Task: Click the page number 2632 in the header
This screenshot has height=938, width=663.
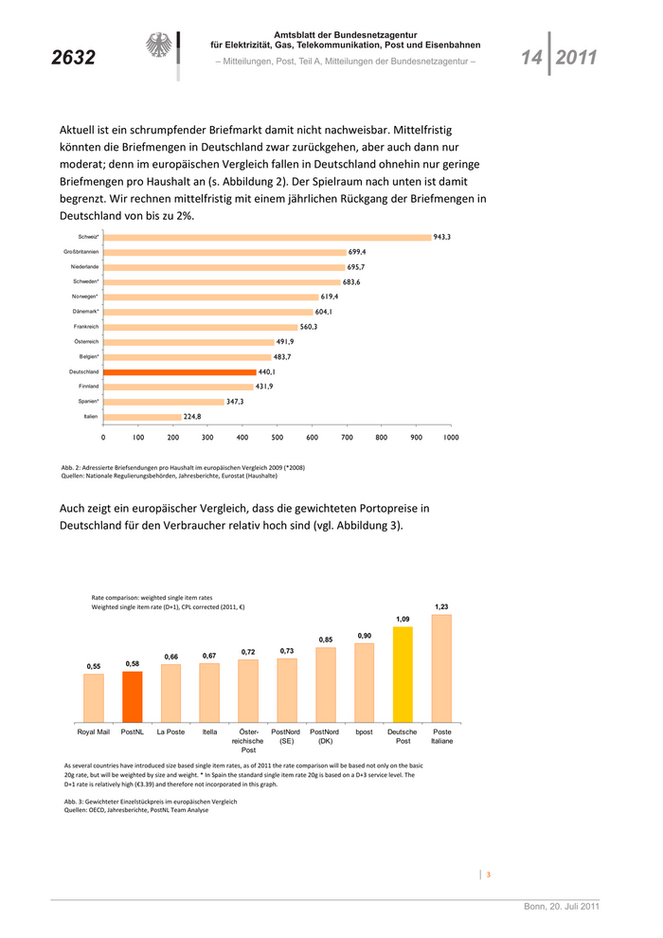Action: [x=74, y=58]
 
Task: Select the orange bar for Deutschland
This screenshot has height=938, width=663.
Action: [x=180, y=371]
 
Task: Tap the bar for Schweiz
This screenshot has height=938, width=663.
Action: [x=266, y=236]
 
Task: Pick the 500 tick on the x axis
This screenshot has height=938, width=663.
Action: [x=277, y=438]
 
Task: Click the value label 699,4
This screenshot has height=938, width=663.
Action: [x=357, y=252]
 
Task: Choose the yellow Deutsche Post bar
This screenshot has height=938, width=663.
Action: [x=403, y=674]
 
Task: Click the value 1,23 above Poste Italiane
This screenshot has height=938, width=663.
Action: [x=441, y=606]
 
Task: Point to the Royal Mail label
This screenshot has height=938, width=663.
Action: [x=93, y=732]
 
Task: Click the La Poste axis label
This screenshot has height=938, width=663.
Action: [x=170, y=732]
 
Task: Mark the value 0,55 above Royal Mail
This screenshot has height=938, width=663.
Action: [x=93, y=666]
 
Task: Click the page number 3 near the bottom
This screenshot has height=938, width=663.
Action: [x=488, y=875]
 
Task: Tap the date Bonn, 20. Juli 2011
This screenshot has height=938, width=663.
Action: [x=562, y=907]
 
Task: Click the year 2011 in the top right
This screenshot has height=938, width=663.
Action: [x=576, y=58]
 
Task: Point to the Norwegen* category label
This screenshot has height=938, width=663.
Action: [x=85, y=297]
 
